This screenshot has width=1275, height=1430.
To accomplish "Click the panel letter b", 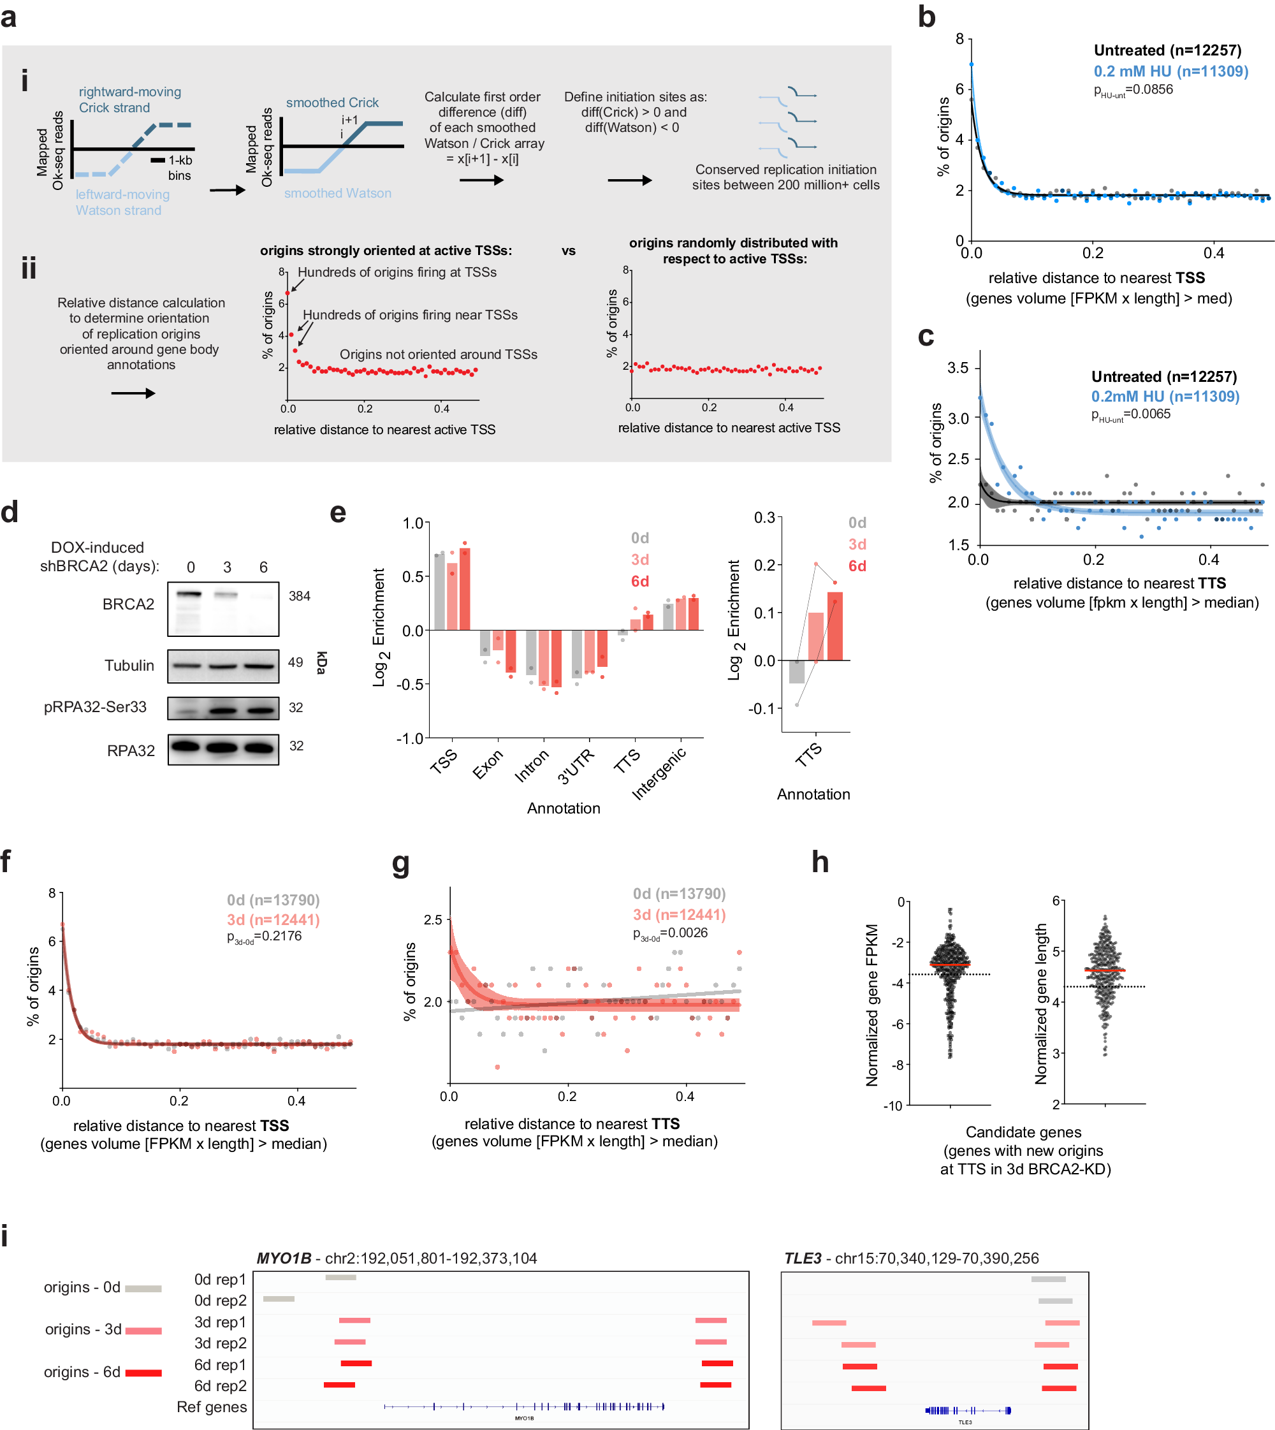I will click(x=927, y=17).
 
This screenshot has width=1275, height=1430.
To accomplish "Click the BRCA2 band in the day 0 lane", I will click(x=189, y=594).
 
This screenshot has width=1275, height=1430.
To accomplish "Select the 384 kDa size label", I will click(x=299, y=596).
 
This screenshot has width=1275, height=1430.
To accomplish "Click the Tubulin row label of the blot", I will click(x=129, y=666).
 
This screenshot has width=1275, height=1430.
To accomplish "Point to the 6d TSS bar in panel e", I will click(x=465, y=589).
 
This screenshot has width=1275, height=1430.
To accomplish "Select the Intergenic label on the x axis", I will click(x=659, y=774).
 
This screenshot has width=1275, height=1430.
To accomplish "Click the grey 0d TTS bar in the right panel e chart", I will click(x=796, y=672).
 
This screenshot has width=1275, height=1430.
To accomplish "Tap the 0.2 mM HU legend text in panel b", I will click(x=1170, y=71).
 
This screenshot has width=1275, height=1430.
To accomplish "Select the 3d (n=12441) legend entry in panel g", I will click(x=679, y=915).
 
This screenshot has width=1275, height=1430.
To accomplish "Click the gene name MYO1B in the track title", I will click(x=284, y=1259).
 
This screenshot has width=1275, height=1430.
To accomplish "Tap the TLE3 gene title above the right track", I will click(x=802, y=1259).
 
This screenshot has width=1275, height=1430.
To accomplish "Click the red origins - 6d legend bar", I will click(x=143, y=1373).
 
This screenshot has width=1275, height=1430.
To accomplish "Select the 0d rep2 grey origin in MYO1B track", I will click(x=279, y=1299).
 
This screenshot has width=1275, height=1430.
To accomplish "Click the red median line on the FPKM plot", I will click(x=949, y=965).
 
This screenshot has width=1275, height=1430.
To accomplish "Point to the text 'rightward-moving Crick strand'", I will click(x=129, y=99).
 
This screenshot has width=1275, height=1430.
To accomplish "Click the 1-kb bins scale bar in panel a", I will click(x=157, y=161).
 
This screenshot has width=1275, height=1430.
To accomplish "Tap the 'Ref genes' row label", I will click(x=212, y=1407).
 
